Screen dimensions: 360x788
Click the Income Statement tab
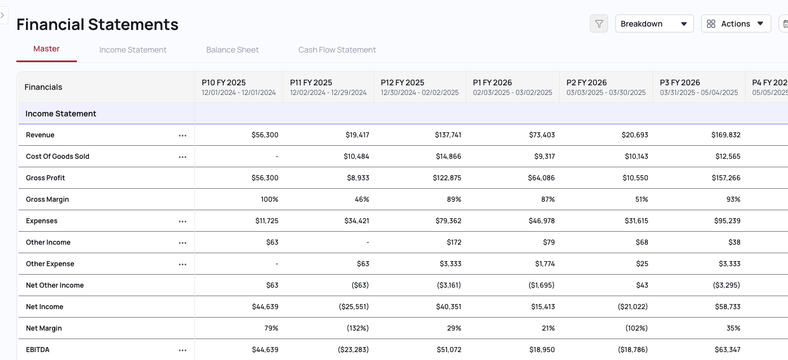coord(133,50)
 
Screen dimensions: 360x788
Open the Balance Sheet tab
coord(232,50)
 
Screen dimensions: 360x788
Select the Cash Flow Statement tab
coord(337,50)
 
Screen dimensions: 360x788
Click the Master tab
coord(46,49)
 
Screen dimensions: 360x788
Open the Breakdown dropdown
coord(654,24)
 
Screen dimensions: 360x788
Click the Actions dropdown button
coord(736,24)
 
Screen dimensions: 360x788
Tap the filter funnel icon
coord(599,24)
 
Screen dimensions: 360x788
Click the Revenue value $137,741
coord(448,135)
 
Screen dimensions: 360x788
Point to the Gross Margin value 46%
coord(362,199)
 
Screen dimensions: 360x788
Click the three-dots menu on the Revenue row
coord(183,136)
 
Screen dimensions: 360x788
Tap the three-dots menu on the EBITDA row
coord(183,350)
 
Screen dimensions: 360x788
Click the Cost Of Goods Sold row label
coord(58,157)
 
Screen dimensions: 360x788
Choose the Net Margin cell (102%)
coord(636,328)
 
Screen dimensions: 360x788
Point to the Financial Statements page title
coord(97,24)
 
